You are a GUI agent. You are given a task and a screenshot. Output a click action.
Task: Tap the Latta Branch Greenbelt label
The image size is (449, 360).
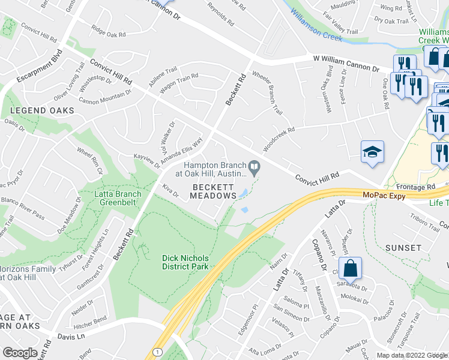coord(118,198)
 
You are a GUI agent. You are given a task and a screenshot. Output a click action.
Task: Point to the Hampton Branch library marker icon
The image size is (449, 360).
coord(256,167)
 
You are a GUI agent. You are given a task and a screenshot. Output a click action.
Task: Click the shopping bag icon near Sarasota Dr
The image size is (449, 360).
coord(351,269)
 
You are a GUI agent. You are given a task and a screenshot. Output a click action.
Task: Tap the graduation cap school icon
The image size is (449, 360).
coord(372,153)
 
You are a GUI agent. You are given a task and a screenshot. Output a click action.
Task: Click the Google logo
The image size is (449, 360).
coord(20,353)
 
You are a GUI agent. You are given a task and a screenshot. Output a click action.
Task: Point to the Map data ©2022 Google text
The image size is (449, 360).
coord(411,355)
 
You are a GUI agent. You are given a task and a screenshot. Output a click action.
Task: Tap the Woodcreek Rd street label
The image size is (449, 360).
coord(279,139)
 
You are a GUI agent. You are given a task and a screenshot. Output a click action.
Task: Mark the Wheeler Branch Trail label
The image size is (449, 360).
coord(267,94)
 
